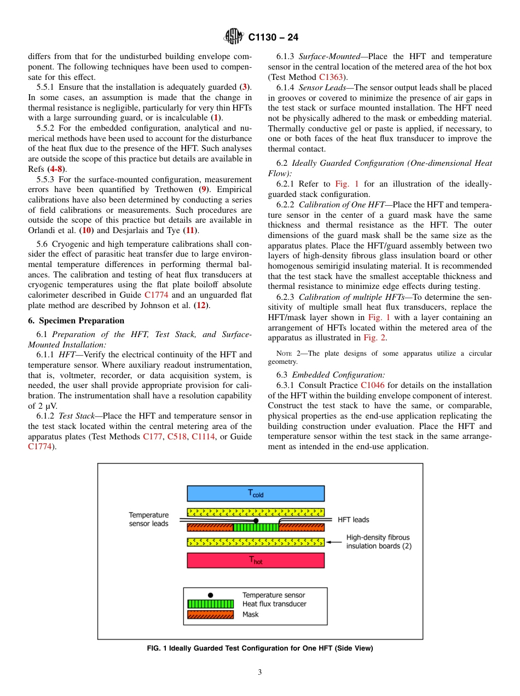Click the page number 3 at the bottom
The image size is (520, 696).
tap(260, 672)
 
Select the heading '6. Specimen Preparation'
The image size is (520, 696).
tap(76, 321)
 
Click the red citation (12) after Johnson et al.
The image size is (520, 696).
tap(201, 305)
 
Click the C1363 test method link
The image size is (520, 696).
tap(331, 77)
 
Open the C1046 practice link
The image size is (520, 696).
tap(372, 385)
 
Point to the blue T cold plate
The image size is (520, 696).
tap(256, 494)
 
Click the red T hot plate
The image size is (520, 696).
tap(256, 560)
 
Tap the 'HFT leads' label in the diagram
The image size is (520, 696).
tap(353, 520)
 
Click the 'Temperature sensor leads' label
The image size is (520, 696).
tap(149, 519)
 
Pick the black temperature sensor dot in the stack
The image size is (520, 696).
tap(256, 521)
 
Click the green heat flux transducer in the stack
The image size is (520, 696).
tap(256, 527)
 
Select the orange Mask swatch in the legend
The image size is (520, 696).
tap(211, 614)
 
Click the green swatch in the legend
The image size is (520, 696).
tap(211, 604)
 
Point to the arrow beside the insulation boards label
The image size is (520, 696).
tap(334, 542)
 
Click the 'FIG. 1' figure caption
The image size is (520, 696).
tap(260, 648)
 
